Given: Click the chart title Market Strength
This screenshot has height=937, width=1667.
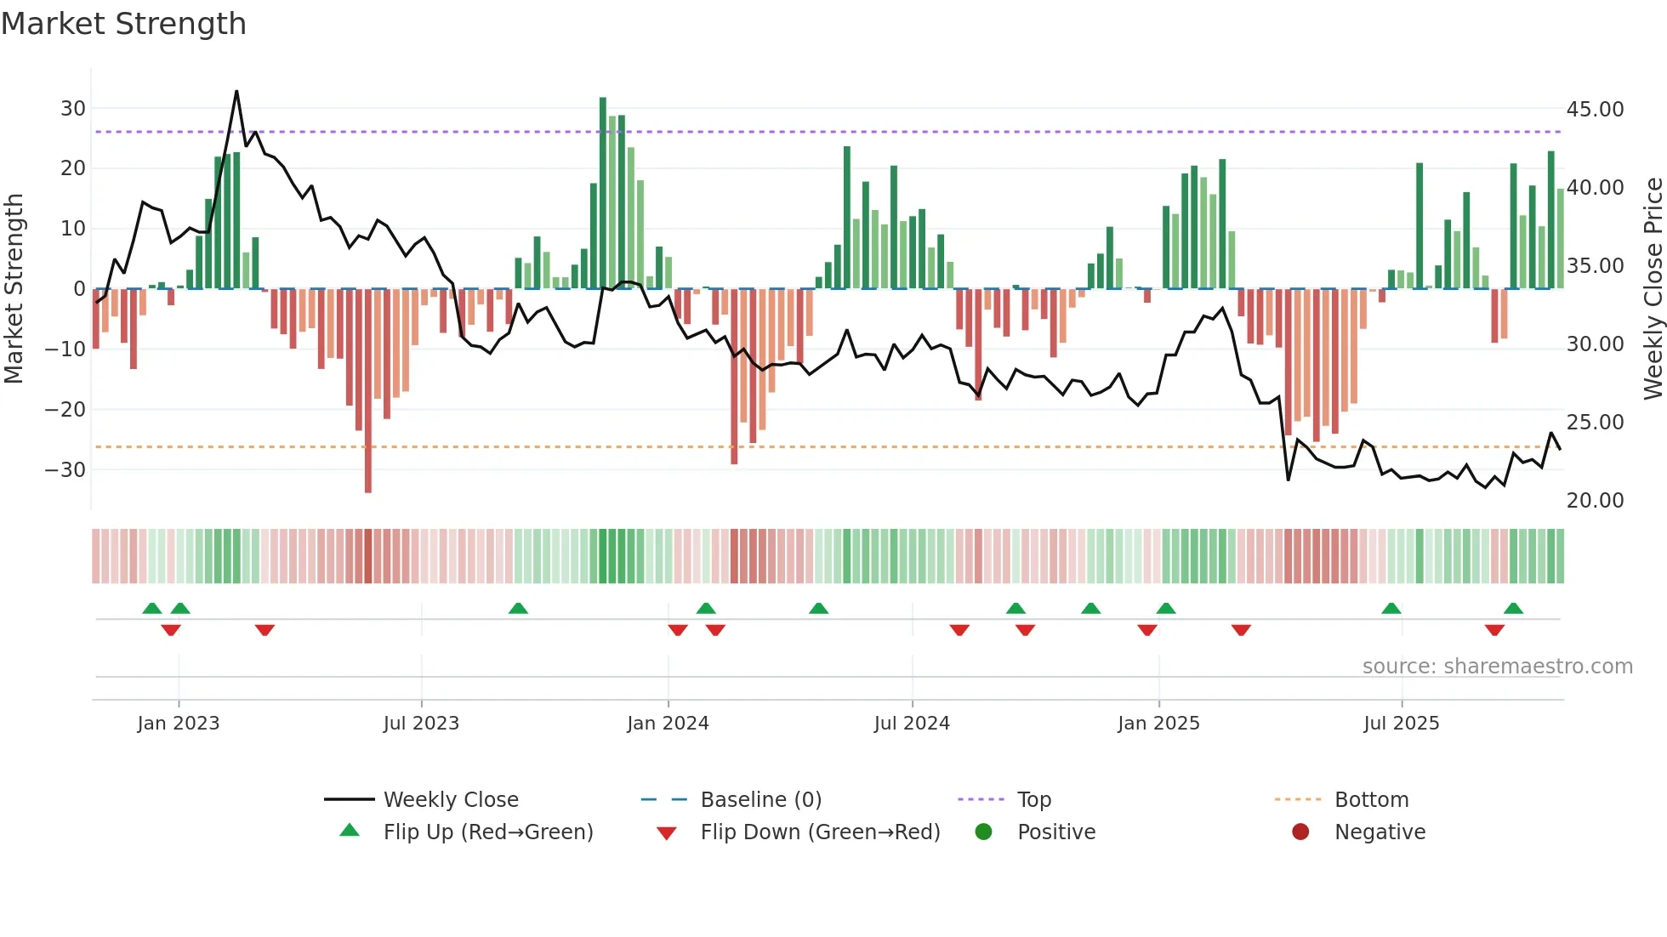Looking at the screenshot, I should [123, 24].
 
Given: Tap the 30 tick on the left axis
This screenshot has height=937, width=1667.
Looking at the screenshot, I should [73, 109].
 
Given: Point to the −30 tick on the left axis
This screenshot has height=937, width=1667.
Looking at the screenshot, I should [65, 469].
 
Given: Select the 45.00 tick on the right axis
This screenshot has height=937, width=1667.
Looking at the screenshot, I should [1595, 110].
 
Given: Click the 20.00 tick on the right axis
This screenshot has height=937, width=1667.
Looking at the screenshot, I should [1595, 501].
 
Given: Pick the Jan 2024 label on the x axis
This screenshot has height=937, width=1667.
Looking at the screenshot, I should [668, 724].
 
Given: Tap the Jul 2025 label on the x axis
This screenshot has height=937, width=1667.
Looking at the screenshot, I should [1401, 724].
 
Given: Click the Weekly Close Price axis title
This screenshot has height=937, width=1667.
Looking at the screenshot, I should [1653, 288].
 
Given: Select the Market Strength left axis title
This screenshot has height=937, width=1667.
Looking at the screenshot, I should [14, 288].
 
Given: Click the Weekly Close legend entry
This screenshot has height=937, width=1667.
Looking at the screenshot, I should [450, 800].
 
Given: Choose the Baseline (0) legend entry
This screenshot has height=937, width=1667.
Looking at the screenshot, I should [760, 800].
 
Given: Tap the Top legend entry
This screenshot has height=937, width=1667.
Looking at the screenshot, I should [1033, 800].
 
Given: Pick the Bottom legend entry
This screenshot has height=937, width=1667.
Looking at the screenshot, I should [1371, 800].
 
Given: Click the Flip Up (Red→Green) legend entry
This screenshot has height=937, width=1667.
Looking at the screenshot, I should [487, 832].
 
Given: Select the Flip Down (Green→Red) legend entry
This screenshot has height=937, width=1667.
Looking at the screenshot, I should [820, 832].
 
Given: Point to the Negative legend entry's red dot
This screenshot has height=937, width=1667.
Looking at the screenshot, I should [1300, 832].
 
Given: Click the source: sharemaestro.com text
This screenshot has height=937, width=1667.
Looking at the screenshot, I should [1497, 667].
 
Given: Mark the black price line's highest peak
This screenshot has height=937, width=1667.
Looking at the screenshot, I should [236, 91].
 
